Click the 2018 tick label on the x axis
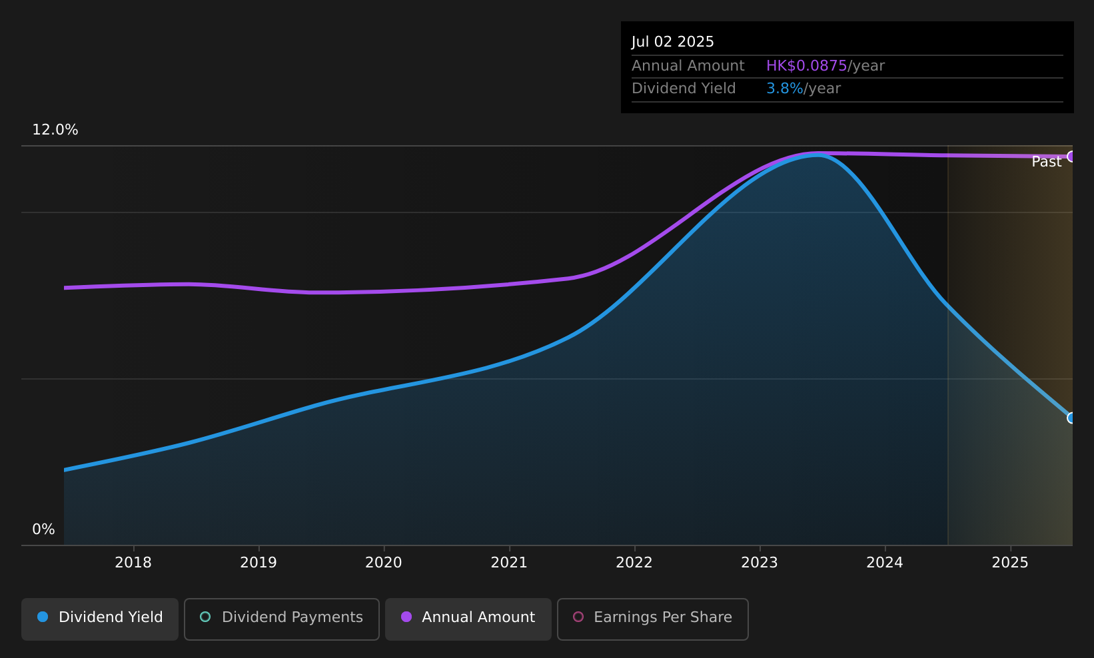[133, 563]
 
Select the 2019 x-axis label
[259, 563]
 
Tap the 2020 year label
[384, 563]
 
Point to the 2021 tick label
[510, 563]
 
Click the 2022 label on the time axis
[634, 563]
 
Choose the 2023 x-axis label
[760, 563]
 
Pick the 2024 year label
[885, 563]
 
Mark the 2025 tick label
[1011, 563]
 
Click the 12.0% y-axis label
[55, 130]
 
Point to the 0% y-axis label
[43, 529]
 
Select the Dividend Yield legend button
[100, 619]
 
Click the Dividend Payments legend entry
[282, 619]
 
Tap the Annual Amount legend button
[468, 619]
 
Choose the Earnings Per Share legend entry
[653, 619]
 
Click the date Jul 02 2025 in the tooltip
[672, 42]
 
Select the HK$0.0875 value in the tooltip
[806, 66]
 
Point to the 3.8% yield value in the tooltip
[784, 89]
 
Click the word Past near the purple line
[1046, 162]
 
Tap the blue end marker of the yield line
[1071, 418]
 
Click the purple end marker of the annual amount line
[1071, 157]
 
